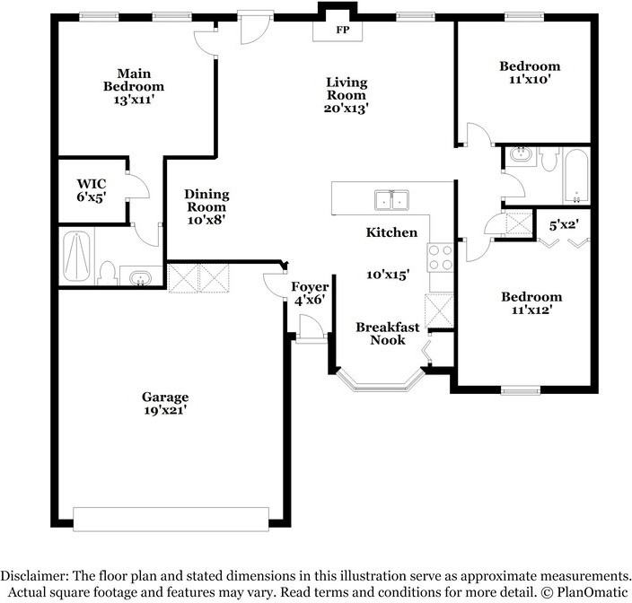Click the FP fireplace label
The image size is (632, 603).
[x=343, y=30]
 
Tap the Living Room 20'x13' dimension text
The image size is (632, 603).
[x=347, y=108]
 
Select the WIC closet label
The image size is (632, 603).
[x=92, y=184]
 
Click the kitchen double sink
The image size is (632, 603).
[x=391, y=200]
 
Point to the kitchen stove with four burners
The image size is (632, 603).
[x=441, y=258]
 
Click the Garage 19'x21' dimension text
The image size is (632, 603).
[x=165, y=410]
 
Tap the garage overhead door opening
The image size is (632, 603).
[x=171, y=520]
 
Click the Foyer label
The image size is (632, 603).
[x=310, y=287]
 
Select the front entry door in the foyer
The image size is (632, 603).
[x=312, y=327]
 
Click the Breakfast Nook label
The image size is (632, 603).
[x=388, y=334]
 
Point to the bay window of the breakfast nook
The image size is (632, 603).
[x=380, y=382]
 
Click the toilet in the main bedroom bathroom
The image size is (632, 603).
[x=107, y=274]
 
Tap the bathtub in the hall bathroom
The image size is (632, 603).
[x=576, y=176]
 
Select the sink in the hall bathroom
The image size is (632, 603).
[x=522, y=155]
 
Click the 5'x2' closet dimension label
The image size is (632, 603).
[x=565, y=224]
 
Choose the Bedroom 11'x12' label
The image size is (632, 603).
[x=531, y=303]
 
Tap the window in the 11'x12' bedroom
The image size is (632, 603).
[x=521, y=389]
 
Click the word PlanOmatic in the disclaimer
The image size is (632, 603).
[x=592, y=592]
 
